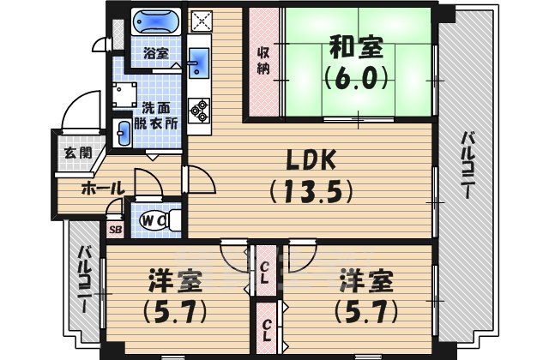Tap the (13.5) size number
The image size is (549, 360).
(311, 190)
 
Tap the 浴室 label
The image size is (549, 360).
(155, 53)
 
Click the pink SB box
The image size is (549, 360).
(114, 231)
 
